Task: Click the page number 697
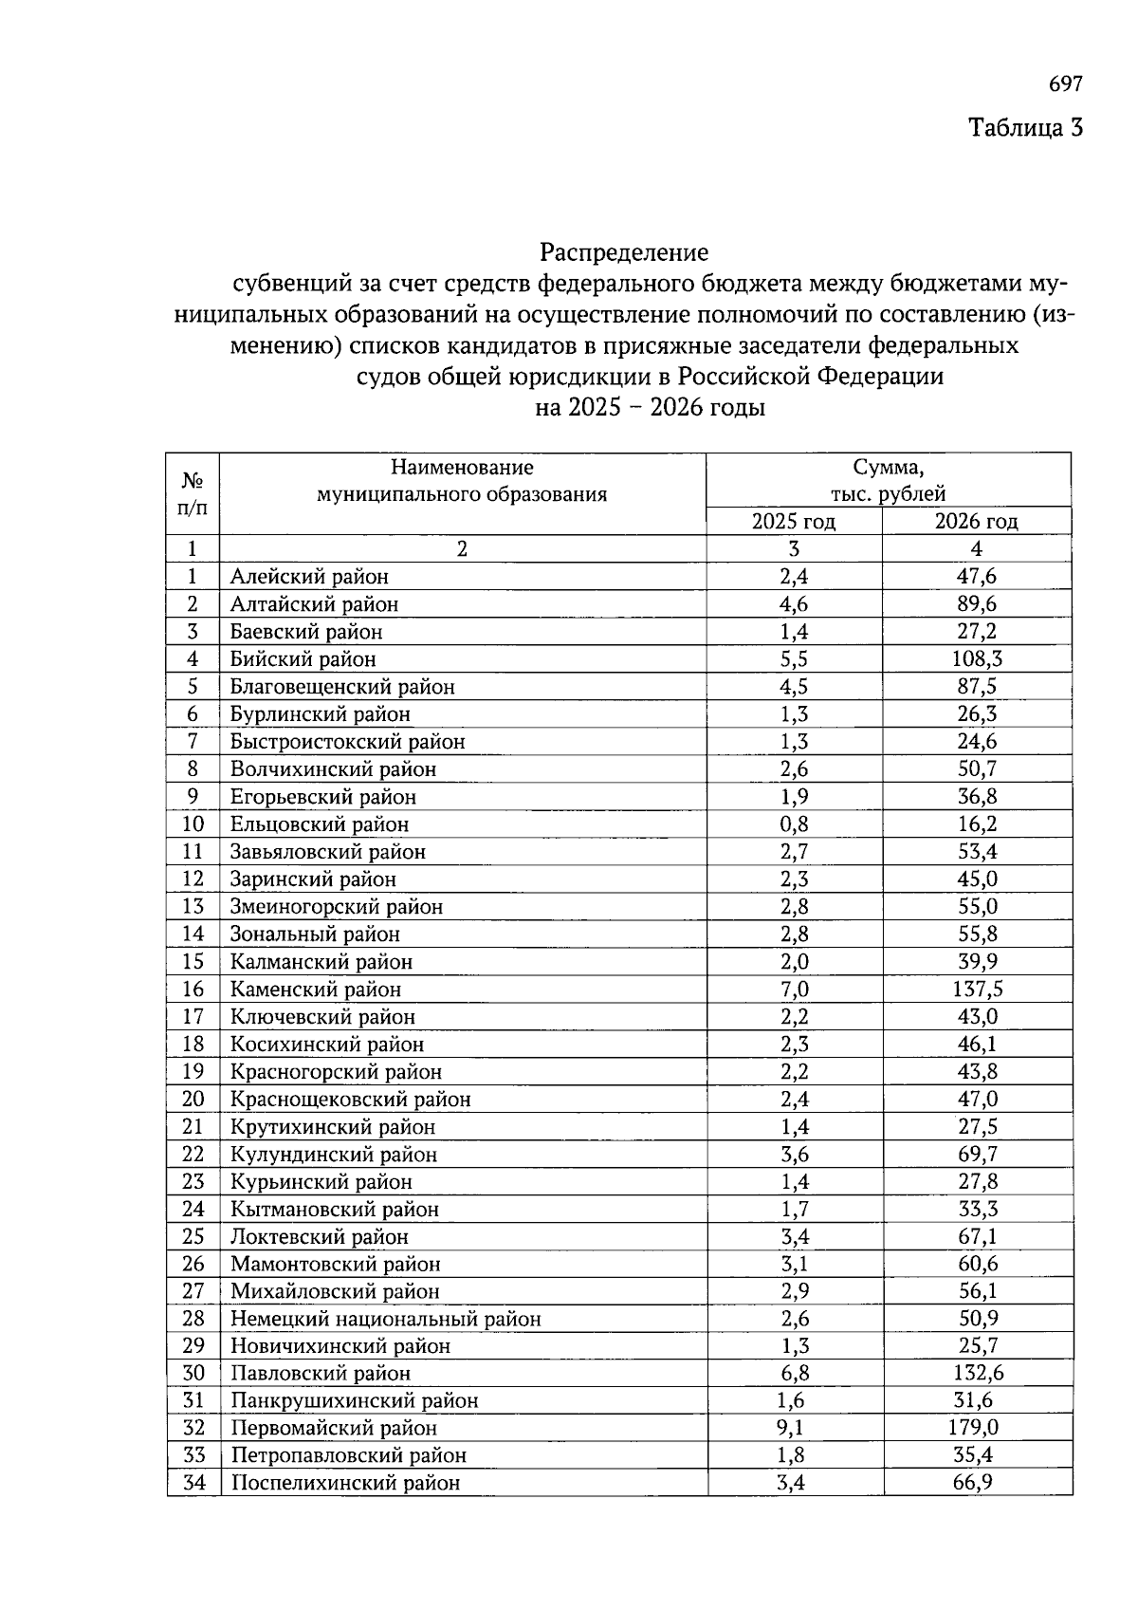pyautogui.click(x=1065, y=84)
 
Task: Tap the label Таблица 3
pyautogui.click(x=1024, y=127)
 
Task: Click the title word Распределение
pyautogui.click(x=624, y=253)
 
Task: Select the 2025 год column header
pyautogui.click(x=794, y=521)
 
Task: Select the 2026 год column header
pyautogui.click(x=977, y=521)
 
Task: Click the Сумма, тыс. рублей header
pyautogui.click(x=889, y=480)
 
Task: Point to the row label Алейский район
pyautogui.click(x=309, y=576)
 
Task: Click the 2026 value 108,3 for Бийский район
pyautogui.click(x=977, y=658)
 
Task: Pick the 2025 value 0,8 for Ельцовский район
pyautogui.click(x=794, y=824)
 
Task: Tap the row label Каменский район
pyautogui.click(x=316, y=989)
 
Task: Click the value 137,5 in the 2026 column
pyautogui.click(x=977, y=989)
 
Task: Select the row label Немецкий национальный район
pyautogui.click(x=385, y=1318)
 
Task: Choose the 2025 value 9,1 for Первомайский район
pyautogui.click(x=794, y=1428)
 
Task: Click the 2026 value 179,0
pyautogui.click(x=977, y=1428)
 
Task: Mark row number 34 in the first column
pyautogui.click(x=193, y=1482)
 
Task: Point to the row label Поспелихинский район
pyautogui.click(x=345, y=1483)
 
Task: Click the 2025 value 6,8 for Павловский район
pyautogui.click(x=794, y=1373)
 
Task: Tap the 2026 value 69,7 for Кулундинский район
pyautogui.click(x=977, y=1154)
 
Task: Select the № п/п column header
pyautogui.click(x=193, y=493)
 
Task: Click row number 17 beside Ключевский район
pyautogui.click(x=193, y=1016)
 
